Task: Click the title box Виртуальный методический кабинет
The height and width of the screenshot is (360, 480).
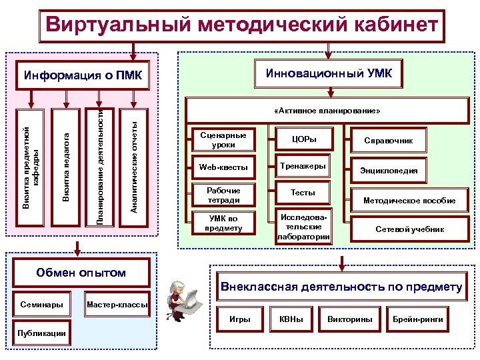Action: pyautogui.click(x=241, y=25)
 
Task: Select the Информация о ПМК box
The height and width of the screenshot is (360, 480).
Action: pyautogui.click(x=83, y=74)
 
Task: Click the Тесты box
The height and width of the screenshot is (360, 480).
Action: pyautogui.click(x=303, y=193)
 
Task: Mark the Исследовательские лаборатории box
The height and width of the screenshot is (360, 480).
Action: pyautogui.click(x=304, y=227)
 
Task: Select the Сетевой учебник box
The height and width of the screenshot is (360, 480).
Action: pyautogui.click(x=409, y=229)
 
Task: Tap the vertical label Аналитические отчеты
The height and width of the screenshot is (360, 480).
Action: pyautogui.click(x=135, y=167)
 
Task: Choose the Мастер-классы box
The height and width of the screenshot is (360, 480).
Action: pyautogui.click(x=118, y=304)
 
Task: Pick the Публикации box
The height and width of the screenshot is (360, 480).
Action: pyautogui.click(x=42, y=333)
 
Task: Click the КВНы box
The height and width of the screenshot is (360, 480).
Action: pyautogui.click(x=291, y=319)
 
